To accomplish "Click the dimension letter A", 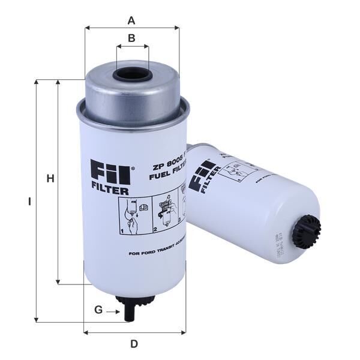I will click(x=131, y=21).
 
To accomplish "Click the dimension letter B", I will click(x=131, y=39).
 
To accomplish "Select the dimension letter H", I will click(x=50, y=178).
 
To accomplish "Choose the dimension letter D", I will click(x=134, y=344).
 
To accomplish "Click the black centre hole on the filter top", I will click(x=131, y=76).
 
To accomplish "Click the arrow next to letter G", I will click(x=114, y=311).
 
